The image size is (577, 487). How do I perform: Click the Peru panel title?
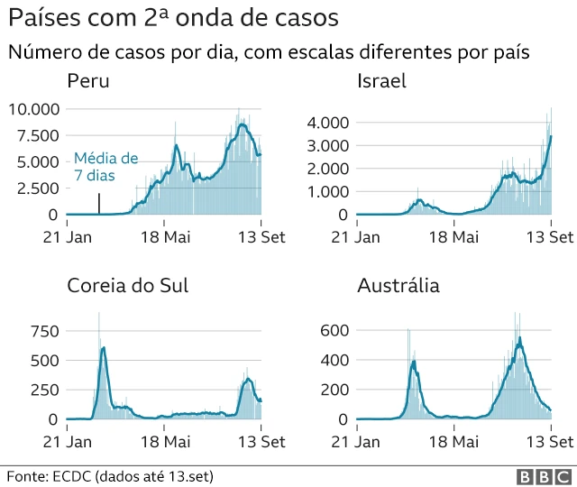[88, 81]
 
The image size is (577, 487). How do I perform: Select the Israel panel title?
[381, 81]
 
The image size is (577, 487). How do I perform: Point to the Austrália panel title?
[398, 286]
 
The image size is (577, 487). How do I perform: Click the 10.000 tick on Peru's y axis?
[33, 109]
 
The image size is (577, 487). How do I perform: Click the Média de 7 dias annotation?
[105, 165]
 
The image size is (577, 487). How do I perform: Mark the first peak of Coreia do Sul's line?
[104, 347]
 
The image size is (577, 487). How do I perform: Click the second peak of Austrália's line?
[520, 338]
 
